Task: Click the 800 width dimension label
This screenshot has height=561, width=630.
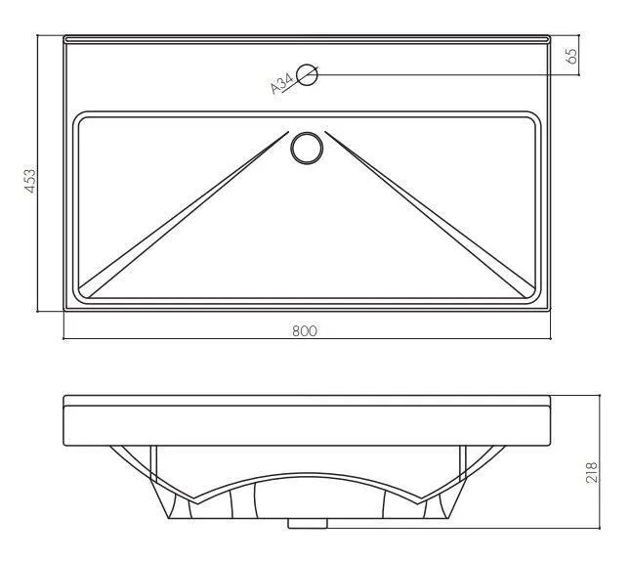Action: pyautogui.click(x=305, y=331)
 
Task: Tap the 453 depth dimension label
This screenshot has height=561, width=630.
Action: pyautogui.click(x=30, y=181)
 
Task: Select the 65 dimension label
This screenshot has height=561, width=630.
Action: pyautogui.click(x=571, y=56)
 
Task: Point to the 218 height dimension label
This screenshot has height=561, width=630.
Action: pyautogui.click(x=592, y=472)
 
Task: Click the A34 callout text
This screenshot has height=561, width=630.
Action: pyautogui.click(x=282, y=84)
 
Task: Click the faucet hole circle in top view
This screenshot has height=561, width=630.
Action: pyautogui.click(x=307, y=75)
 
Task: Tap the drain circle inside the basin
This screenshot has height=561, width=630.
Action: pyautogui.click(x=307, y=149)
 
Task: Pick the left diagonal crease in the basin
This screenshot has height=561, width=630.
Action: pyautogui.click(x=184, y=215)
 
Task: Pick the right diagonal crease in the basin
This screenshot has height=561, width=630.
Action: pyautogui.click(x=430, y=215)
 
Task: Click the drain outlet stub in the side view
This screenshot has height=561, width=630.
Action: pyautogui.click(x=308, y=523)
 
